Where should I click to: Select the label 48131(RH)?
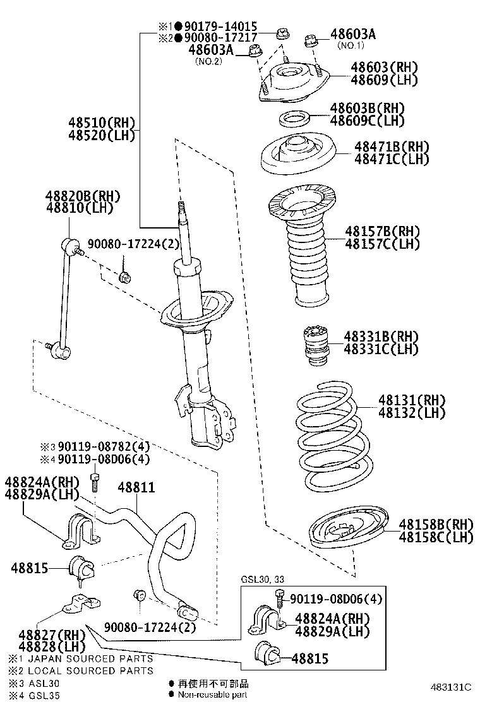click(412, 400)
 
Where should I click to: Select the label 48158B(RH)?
click(435, 525)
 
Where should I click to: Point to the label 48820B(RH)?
click(82, 196)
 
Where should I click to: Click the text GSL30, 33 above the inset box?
click(263, 580)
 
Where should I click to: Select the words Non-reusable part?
click(212, 694)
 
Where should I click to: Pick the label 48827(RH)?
click(42, 634)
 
